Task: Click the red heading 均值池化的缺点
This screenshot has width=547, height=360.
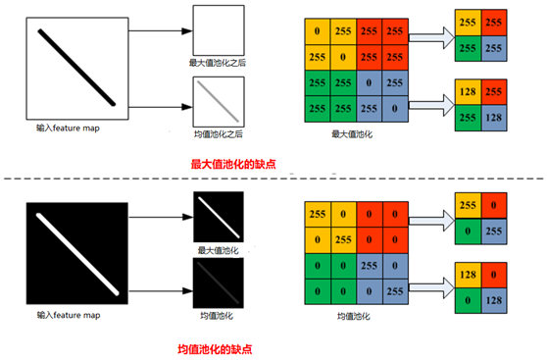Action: pyautogui.click(x=231, y=346)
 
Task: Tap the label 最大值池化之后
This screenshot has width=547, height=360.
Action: pyautogui.click(x=217, y=63)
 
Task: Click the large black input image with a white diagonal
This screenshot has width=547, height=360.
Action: pyautogui.click(x=77, y=254)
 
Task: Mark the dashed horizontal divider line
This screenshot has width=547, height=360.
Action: pyautogui.click(x=273, y=180)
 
